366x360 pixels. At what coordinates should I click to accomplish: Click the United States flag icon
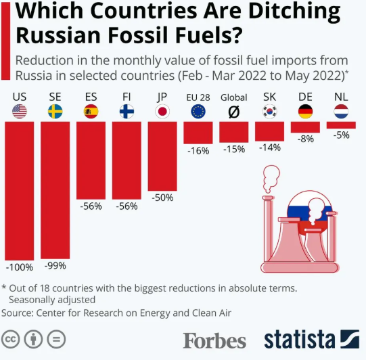20,112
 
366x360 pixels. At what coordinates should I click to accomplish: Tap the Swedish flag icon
55,112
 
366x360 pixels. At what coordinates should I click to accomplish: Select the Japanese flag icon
162,112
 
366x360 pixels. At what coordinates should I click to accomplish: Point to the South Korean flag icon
270,112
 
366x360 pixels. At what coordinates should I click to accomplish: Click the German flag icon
305,112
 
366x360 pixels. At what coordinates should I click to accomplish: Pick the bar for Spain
91,160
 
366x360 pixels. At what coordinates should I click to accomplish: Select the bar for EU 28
198,133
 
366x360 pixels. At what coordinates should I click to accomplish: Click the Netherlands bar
341,125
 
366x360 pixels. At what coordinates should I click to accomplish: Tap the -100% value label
20,267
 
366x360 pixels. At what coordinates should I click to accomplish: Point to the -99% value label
55,266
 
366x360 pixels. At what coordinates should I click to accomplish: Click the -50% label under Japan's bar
162,198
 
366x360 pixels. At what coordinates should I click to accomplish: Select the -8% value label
306,139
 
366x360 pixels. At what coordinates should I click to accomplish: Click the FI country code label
127,97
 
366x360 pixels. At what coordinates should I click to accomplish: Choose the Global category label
234,97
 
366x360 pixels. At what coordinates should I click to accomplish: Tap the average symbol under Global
234,112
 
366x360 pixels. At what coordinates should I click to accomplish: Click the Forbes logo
214,340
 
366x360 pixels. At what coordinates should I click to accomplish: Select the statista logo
312,339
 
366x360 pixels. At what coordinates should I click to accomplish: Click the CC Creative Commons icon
10,339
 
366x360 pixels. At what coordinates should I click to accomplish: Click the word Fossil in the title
139,35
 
